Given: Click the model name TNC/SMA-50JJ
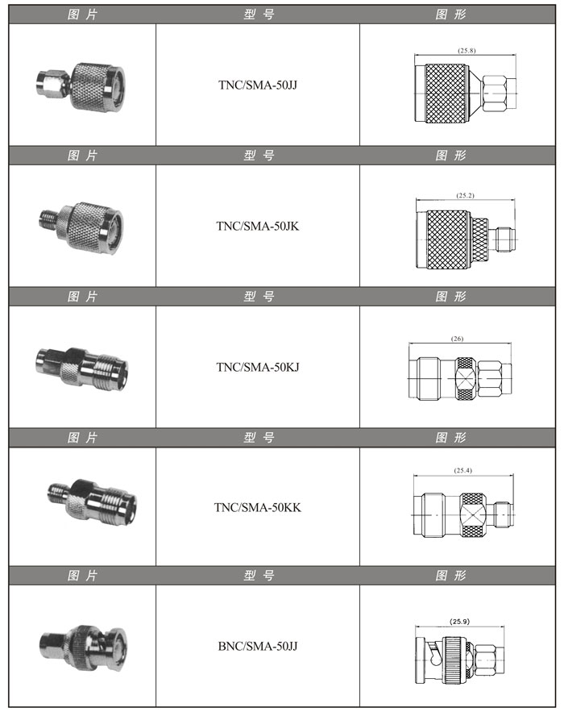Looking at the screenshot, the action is click(x=257, y=85).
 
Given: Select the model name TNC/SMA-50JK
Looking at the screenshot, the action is click(x=257, y=226).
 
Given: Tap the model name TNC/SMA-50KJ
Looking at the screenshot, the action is click(x=257, y=367).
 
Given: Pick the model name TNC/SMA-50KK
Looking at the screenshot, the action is click(x=257, y=507).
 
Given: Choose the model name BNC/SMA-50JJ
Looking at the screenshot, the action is click(x=257, y=646).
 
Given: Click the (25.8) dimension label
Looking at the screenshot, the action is click(x=467, y=51).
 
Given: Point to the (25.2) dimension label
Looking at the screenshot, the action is click(x=466, y=195).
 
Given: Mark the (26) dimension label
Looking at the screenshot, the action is click(x=457, y=339).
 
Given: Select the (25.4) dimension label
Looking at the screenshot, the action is click(x=463, y=470).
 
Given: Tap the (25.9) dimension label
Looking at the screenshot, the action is click(x=459, y=622).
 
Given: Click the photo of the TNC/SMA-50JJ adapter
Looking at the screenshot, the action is click(x=81, y=88).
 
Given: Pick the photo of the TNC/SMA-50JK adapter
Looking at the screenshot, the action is click(x=81, y=227).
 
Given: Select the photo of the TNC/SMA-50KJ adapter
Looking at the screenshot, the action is click(x=81, y=368).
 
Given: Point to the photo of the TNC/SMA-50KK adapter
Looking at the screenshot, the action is click(x=92, y=502).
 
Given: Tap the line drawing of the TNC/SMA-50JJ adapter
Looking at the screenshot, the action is click(x=466, y=94).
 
